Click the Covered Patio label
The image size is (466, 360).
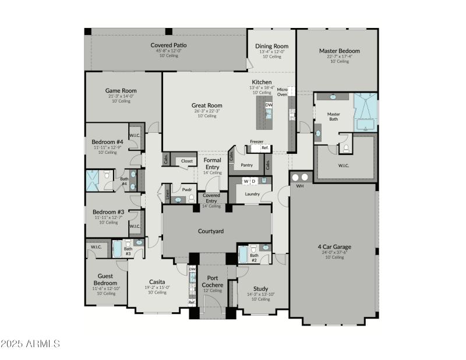pos(168,45)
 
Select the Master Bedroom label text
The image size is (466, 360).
pos(339,51)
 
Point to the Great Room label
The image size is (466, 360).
pos(207,105)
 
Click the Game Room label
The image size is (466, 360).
pos(121,90)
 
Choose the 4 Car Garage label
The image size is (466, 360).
pos(334,246)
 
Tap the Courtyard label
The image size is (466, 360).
pos(211,231)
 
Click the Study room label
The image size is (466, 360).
pos(260,288)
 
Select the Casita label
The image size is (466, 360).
pos(157,281)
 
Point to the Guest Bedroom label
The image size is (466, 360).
pos(105,280)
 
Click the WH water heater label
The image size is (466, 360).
pos(300,186)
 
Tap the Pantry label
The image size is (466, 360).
pos(247,165)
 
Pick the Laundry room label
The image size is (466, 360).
pos(252,193)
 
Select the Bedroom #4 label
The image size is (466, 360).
pos(107,142)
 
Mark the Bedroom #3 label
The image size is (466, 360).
pos(108,211)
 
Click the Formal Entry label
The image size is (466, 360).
pos(212,163)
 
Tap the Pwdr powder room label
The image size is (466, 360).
pos(187,189)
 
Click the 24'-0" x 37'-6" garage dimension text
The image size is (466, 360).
pos(334,252)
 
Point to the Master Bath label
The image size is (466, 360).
pos(333,117)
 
